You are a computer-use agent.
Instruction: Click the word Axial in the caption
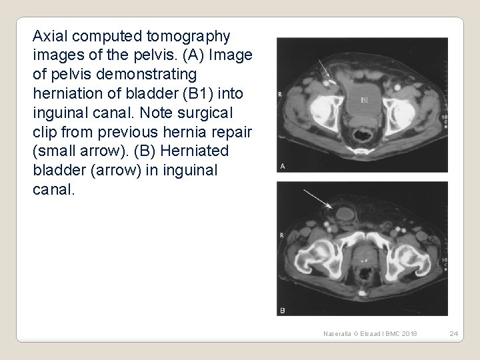tap(51, 34)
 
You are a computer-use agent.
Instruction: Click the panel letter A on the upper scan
tap(283, 166)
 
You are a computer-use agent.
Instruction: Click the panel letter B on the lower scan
tap(282, 309)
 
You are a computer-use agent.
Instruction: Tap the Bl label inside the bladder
tap(365, 101)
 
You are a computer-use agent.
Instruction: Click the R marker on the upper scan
tap(279, 95)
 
